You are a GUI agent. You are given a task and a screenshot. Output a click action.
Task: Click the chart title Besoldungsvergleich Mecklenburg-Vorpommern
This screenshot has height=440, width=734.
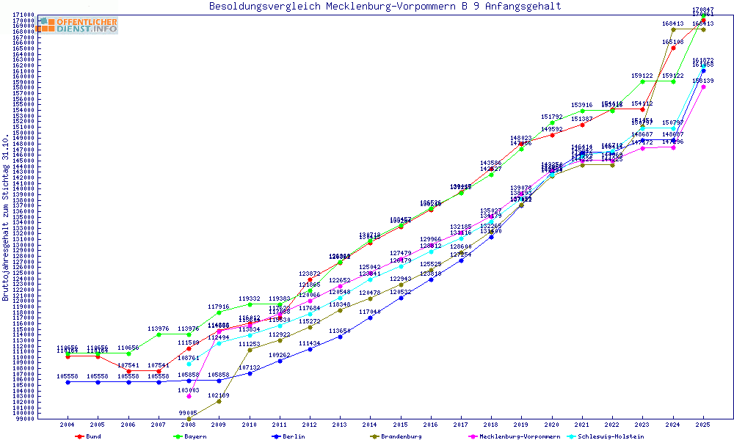(x=385, y=7)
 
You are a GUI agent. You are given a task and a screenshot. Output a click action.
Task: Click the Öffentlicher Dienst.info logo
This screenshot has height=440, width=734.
(x=78, y=26)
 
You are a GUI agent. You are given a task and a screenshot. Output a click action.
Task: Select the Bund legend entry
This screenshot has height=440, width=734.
(x=89, y=436)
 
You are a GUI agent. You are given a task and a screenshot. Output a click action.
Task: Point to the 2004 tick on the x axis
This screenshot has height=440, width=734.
(x=68, y=425)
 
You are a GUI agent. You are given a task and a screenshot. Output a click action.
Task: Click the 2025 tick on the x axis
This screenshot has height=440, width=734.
(x=703, y=425)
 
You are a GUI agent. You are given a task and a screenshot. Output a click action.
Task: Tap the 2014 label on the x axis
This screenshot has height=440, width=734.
(x=370, y=425)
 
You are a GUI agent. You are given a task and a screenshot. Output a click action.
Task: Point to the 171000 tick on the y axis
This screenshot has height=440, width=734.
(x=26, y=15)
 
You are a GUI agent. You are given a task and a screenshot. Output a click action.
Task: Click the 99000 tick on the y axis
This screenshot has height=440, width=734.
(x=26, y=420)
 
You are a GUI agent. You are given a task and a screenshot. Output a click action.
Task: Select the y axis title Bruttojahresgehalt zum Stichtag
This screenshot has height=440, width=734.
(x=6, y=218)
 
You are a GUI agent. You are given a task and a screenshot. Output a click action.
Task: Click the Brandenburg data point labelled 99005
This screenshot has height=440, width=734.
(x=189, y=419)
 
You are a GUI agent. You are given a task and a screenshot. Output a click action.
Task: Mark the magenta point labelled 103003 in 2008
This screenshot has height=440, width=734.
(x=189, y=397)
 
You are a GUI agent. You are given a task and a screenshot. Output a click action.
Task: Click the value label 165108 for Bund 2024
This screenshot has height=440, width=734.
(x=673, y=43)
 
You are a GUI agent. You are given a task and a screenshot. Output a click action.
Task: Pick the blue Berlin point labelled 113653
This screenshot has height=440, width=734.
(x=340, y=337)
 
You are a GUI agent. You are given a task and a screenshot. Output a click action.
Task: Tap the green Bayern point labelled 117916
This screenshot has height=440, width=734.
(x=219, y=312)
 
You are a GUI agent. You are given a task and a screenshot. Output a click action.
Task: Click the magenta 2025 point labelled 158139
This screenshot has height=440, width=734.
(x=703, y=87)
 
